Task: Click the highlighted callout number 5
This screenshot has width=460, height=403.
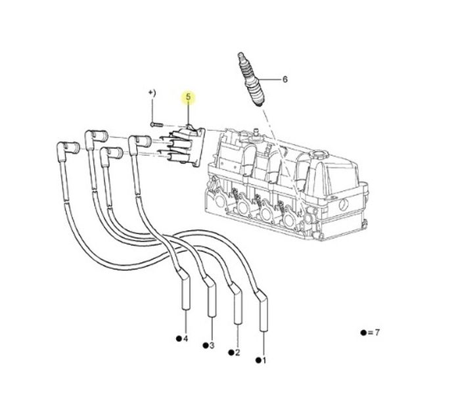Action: click(189, 97)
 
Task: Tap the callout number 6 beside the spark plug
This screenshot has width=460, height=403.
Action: click(285, 80)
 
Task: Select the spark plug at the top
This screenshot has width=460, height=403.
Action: click(252, 80)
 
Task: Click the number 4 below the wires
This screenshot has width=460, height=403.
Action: click(185, 339)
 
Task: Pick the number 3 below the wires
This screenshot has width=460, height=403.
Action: click(212, 345)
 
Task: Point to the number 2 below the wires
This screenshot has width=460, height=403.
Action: click(237, 352)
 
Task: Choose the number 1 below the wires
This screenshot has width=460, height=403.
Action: click(264, 360)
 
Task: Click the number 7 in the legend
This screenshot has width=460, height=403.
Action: click(377, 333)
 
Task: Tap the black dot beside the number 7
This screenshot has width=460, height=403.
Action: click(363, 333)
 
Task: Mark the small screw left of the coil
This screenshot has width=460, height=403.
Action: click(156, 125)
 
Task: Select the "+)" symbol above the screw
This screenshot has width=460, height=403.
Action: click(152, 93)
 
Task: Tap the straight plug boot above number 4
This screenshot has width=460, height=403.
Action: click(185, 291)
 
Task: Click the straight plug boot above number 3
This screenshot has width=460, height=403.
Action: click(211, 296)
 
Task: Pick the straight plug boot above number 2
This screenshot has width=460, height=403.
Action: click(237, 304)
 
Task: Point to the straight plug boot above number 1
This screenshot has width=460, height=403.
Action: click(263, 310)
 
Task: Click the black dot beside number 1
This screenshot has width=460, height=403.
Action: click(258, 360)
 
